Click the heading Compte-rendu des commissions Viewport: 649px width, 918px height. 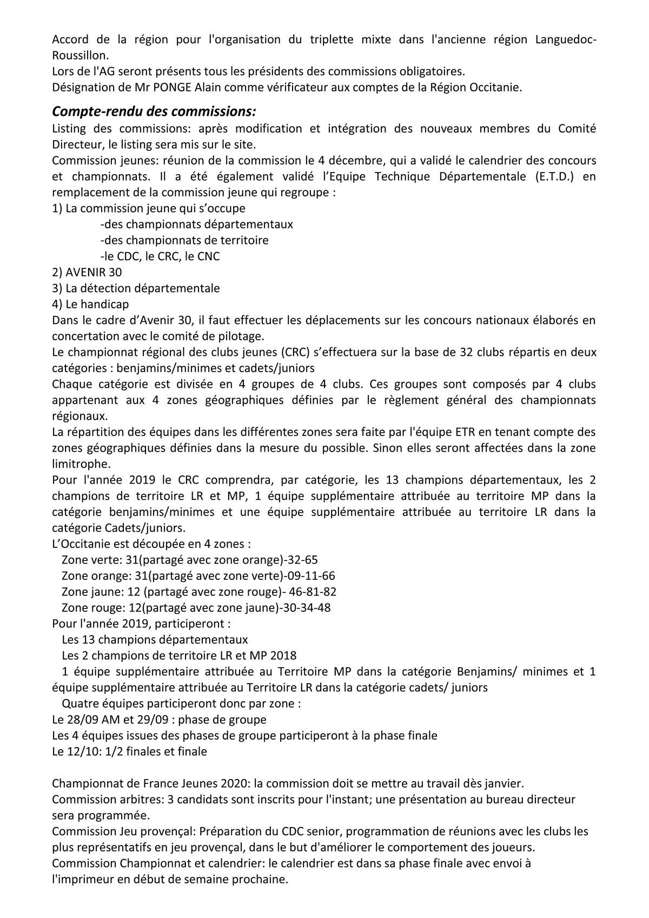154,112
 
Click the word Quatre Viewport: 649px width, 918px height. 80,704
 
